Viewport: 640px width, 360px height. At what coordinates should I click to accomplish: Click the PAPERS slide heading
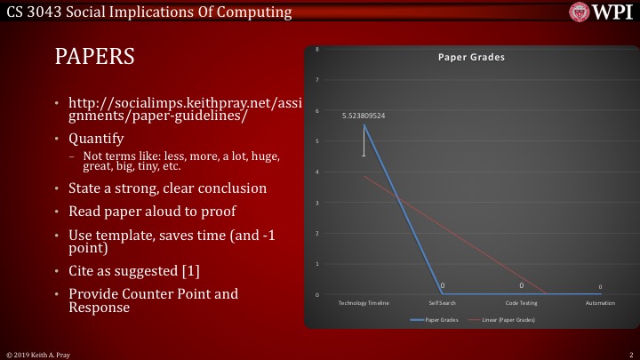[x=95, y=57]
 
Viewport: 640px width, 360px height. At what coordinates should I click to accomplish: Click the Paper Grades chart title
[x=470, y=57]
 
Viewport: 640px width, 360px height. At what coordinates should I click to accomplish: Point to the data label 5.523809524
[x=364, y=116]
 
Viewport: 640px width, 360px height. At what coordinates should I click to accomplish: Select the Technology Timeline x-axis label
[x=364, y=303]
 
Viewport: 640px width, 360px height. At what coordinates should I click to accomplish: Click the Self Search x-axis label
[x=443, y=303]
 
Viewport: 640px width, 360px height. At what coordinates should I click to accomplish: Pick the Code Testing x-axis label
[x=522, y=303]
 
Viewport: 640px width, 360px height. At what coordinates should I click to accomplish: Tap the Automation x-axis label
[x=600, y=303]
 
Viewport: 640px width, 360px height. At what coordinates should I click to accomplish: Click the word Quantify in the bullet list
[x=96, y=139]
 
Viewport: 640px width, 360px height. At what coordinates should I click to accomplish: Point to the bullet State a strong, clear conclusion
[x=167, y=188]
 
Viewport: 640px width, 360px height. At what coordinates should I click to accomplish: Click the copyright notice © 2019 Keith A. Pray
[x=39, y=354]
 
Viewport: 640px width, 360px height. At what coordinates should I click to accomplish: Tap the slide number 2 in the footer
[x=629, y=354]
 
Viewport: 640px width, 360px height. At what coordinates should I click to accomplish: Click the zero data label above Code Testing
[x=522, y=286]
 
